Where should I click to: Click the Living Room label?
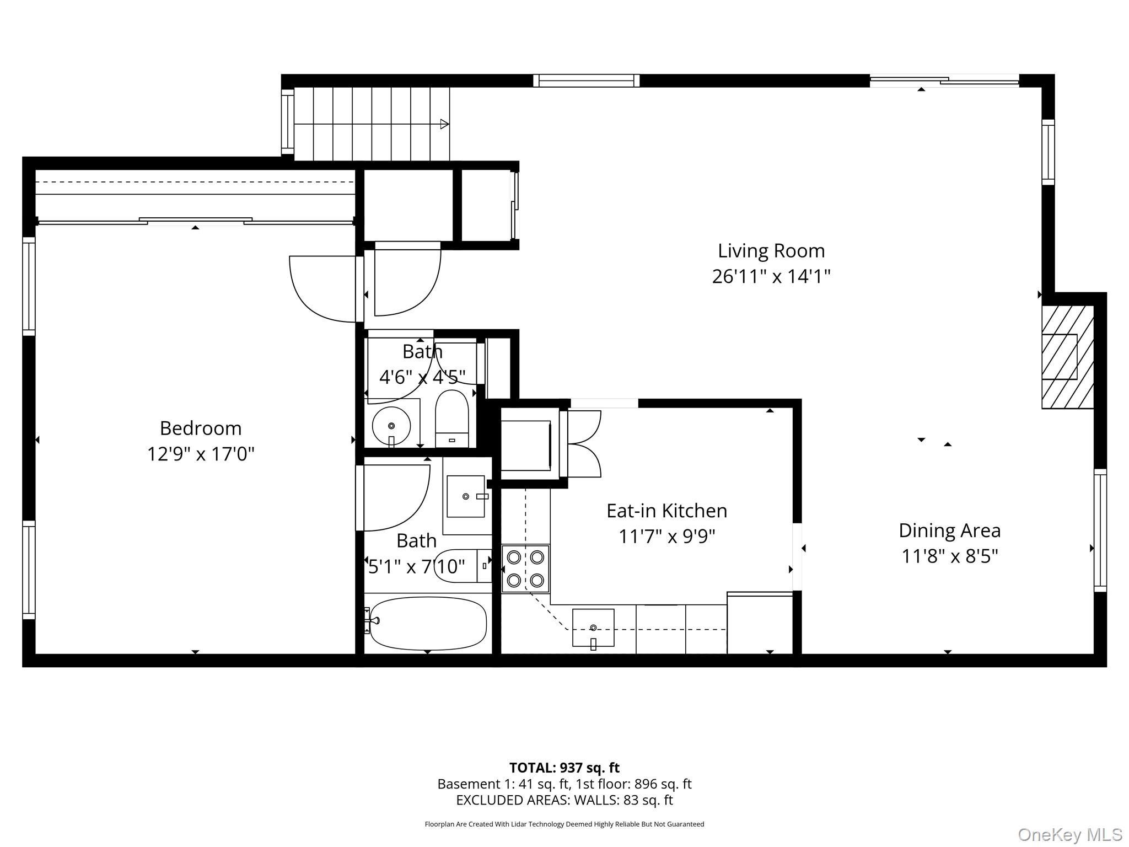click(771, 251)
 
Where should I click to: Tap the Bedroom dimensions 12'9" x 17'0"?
click(201, 454)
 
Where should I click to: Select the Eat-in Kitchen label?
click(666, 511)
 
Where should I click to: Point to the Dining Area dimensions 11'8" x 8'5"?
click(949, 556)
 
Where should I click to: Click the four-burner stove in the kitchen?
click(525, 569)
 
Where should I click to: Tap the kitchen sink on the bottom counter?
click(593, 628)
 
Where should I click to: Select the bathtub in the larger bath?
click(428, 623)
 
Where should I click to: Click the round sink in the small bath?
click(391, 426)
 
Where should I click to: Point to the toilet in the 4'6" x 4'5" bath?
click(452, 418)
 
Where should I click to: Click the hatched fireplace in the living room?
click(1067, 357)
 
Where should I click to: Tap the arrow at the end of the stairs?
click(444, 124)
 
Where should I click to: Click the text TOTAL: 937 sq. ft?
click(564, 768)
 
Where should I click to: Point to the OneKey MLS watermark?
click(1069, 834)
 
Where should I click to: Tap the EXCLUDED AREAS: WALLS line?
click(564, 800)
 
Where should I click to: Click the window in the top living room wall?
click(586, 81)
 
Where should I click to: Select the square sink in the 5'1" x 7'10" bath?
click(466, 496)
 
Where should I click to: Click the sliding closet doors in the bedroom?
click(195, 221)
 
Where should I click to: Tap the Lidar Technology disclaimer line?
click(564, 824)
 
